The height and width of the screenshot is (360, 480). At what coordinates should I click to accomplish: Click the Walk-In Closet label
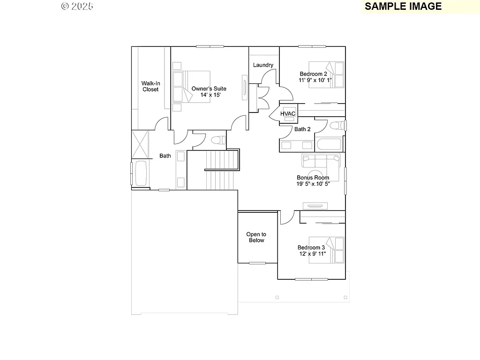coord(150,86)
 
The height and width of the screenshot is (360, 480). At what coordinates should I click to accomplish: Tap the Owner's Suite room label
coord(209,89)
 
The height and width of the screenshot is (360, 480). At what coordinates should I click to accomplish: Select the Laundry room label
coord(263,65)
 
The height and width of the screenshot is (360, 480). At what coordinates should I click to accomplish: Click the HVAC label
coord(288,114)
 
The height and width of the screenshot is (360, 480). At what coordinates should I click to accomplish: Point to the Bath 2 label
coord(302,129)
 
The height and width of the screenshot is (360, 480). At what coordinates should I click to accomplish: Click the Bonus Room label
coord(313,178)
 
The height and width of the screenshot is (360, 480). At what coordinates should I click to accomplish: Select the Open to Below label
coord(256,237)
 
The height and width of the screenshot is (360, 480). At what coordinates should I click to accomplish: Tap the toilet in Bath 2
coord(336,126)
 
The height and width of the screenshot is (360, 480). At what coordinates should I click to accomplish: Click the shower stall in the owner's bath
coord(140,144)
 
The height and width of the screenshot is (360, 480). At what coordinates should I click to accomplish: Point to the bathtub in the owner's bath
coord(141,173)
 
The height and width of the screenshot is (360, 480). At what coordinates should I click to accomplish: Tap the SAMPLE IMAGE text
coord(403,6)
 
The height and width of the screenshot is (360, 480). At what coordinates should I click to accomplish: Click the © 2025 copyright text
coord(77,6)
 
